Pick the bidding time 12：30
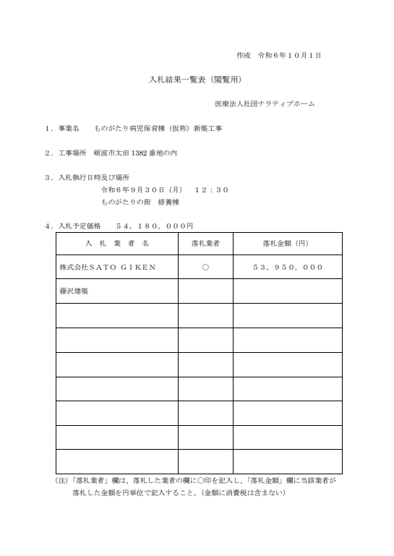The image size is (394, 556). [211, 189]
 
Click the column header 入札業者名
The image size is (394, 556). [116, 244]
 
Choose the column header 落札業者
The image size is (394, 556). [205, 244]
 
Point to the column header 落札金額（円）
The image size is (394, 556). [287, 244]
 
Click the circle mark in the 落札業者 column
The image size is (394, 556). [205, 267]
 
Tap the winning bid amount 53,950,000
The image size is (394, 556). [288, 267]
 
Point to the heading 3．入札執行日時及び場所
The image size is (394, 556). [87, 177]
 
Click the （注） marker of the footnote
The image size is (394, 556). [63, 480]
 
